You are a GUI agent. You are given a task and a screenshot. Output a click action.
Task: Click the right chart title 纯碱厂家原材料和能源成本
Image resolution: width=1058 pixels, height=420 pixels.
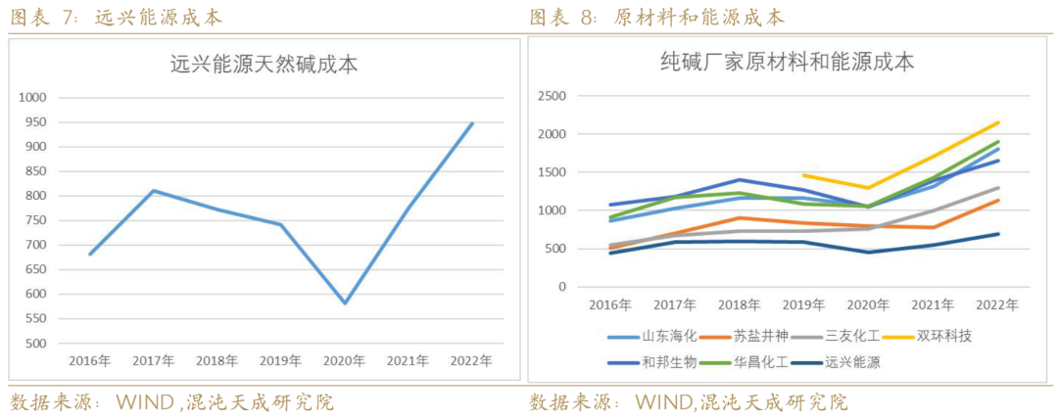[x=787, y=63]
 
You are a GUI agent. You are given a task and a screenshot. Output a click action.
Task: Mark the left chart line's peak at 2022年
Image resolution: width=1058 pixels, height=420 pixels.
[x=471, y=123]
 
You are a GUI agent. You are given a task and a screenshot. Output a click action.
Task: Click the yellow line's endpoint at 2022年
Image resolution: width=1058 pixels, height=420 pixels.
[x=998, y=122]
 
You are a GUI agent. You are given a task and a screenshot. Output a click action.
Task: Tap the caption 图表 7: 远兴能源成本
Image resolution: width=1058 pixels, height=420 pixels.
[x=117, y=18]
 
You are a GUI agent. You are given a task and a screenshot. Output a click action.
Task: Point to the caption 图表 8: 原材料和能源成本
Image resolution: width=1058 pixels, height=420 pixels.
[x=657, y=18]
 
